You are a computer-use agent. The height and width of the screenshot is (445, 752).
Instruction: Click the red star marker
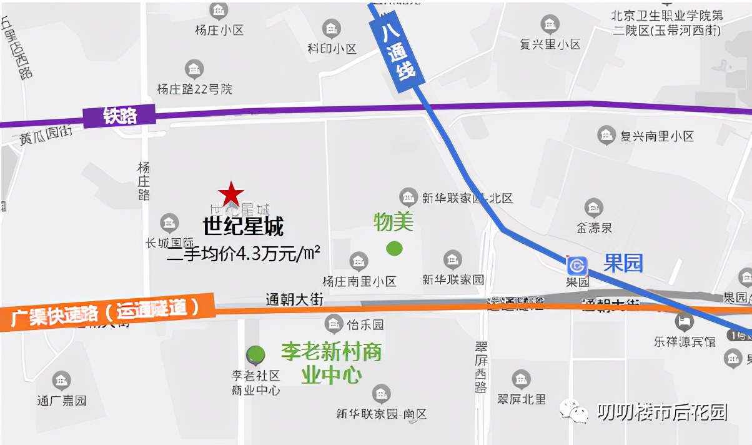coord(231,194)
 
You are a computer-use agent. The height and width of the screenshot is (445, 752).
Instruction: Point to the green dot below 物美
coord(394,248)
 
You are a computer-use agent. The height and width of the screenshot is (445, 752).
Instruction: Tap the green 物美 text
coord(393,222)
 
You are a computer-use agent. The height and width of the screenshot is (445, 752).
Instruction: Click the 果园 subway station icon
coord(577,265)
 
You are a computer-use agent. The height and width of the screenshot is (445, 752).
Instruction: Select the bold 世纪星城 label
coord(243,226)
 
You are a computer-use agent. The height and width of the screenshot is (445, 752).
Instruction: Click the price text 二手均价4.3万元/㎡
coord(244,252)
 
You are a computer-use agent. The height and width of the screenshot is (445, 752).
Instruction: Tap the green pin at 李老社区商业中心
coord(255,355)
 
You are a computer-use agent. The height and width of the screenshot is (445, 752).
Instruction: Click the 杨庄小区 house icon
coord(219,11)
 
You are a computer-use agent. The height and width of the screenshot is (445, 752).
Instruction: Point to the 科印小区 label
coord(332,48)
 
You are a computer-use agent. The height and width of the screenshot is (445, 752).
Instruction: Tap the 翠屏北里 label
coord(522,399)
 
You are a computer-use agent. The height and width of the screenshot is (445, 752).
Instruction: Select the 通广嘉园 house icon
coord(61,380)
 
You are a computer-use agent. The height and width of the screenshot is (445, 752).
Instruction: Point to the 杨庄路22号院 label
coord(194,89)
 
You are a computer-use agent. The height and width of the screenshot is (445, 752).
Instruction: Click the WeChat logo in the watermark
coord(574,411)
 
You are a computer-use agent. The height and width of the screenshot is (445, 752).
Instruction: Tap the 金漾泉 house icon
coord(594,208)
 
